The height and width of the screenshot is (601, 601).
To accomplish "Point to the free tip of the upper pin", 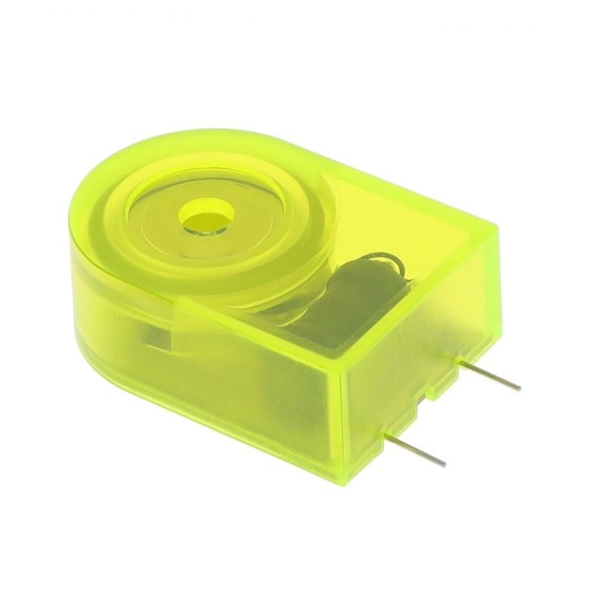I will click(x=519, y=388).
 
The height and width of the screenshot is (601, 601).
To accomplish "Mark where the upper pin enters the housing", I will click(x=461, y=363).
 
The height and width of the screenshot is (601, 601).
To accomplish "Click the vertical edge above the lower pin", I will click(x=343, y=421).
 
